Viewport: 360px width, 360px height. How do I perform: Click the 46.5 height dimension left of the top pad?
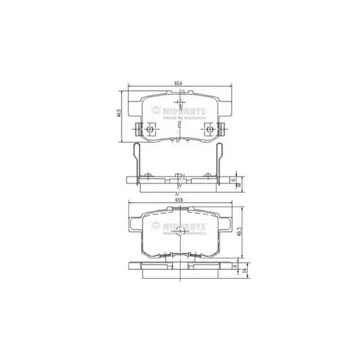tap(118, 114)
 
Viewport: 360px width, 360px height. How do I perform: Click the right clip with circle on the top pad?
tap(210, 130)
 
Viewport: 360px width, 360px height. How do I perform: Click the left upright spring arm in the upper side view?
tap(135, 158)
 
